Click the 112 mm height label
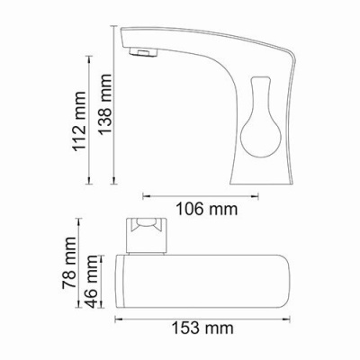[x=83, y=133]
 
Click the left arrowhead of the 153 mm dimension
[x=117, y=314]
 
